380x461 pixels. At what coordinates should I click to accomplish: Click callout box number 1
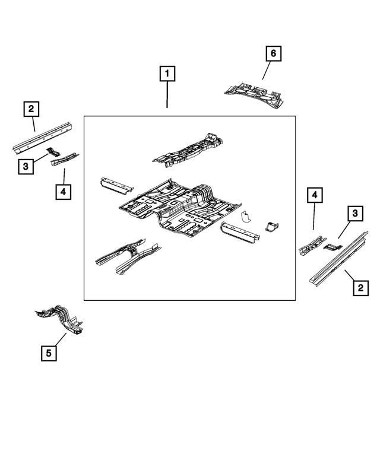click(x=167, y=74)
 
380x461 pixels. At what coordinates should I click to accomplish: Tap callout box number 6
click(x=273, y=54)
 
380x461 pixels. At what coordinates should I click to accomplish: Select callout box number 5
click(x=49, y=354)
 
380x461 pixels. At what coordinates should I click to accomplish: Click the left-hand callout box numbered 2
click(x=31, y=109)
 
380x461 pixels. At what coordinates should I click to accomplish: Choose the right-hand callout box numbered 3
click(x=354, y=213)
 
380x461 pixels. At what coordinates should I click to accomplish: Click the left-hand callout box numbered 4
click(x=62, y=192)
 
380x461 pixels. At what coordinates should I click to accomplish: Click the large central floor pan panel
click(x=178, y=208)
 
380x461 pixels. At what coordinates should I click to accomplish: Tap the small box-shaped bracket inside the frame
click(x=271, y=226)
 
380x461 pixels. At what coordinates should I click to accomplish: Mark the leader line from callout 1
click(x=167, y=95)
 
